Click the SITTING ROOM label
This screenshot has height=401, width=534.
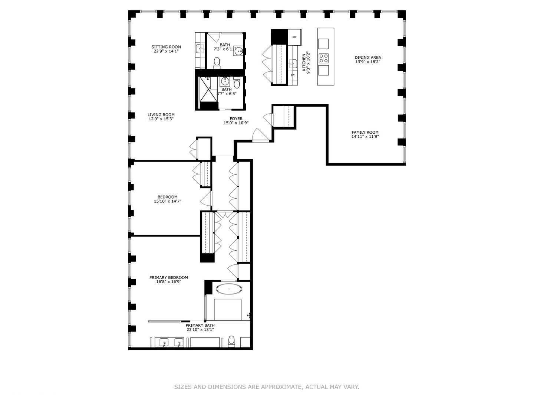166,47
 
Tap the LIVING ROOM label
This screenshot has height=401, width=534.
161,115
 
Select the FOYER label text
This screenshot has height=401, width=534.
236,119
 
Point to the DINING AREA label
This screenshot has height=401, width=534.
367,58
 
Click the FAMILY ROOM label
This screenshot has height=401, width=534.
365,133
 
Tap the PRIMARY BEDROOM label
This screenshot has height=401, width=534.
168,277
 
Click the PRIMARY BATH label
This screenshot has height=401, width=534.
200,325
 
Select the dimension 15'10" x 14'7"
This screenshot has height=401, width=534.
167,201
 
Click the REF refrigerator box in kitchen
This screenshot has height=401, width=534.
294,37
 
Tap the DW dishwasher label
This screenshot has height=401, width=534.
293,75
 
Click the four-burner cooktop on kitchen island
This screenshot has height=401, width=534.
323,58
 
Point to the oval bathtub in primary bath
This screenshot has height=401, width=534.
229,289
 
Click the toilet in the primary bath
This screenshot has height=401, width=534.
231,340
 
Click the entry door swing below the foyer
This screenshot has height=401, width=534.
260,135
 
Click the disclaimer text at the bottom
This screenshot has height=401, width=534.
267,387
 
